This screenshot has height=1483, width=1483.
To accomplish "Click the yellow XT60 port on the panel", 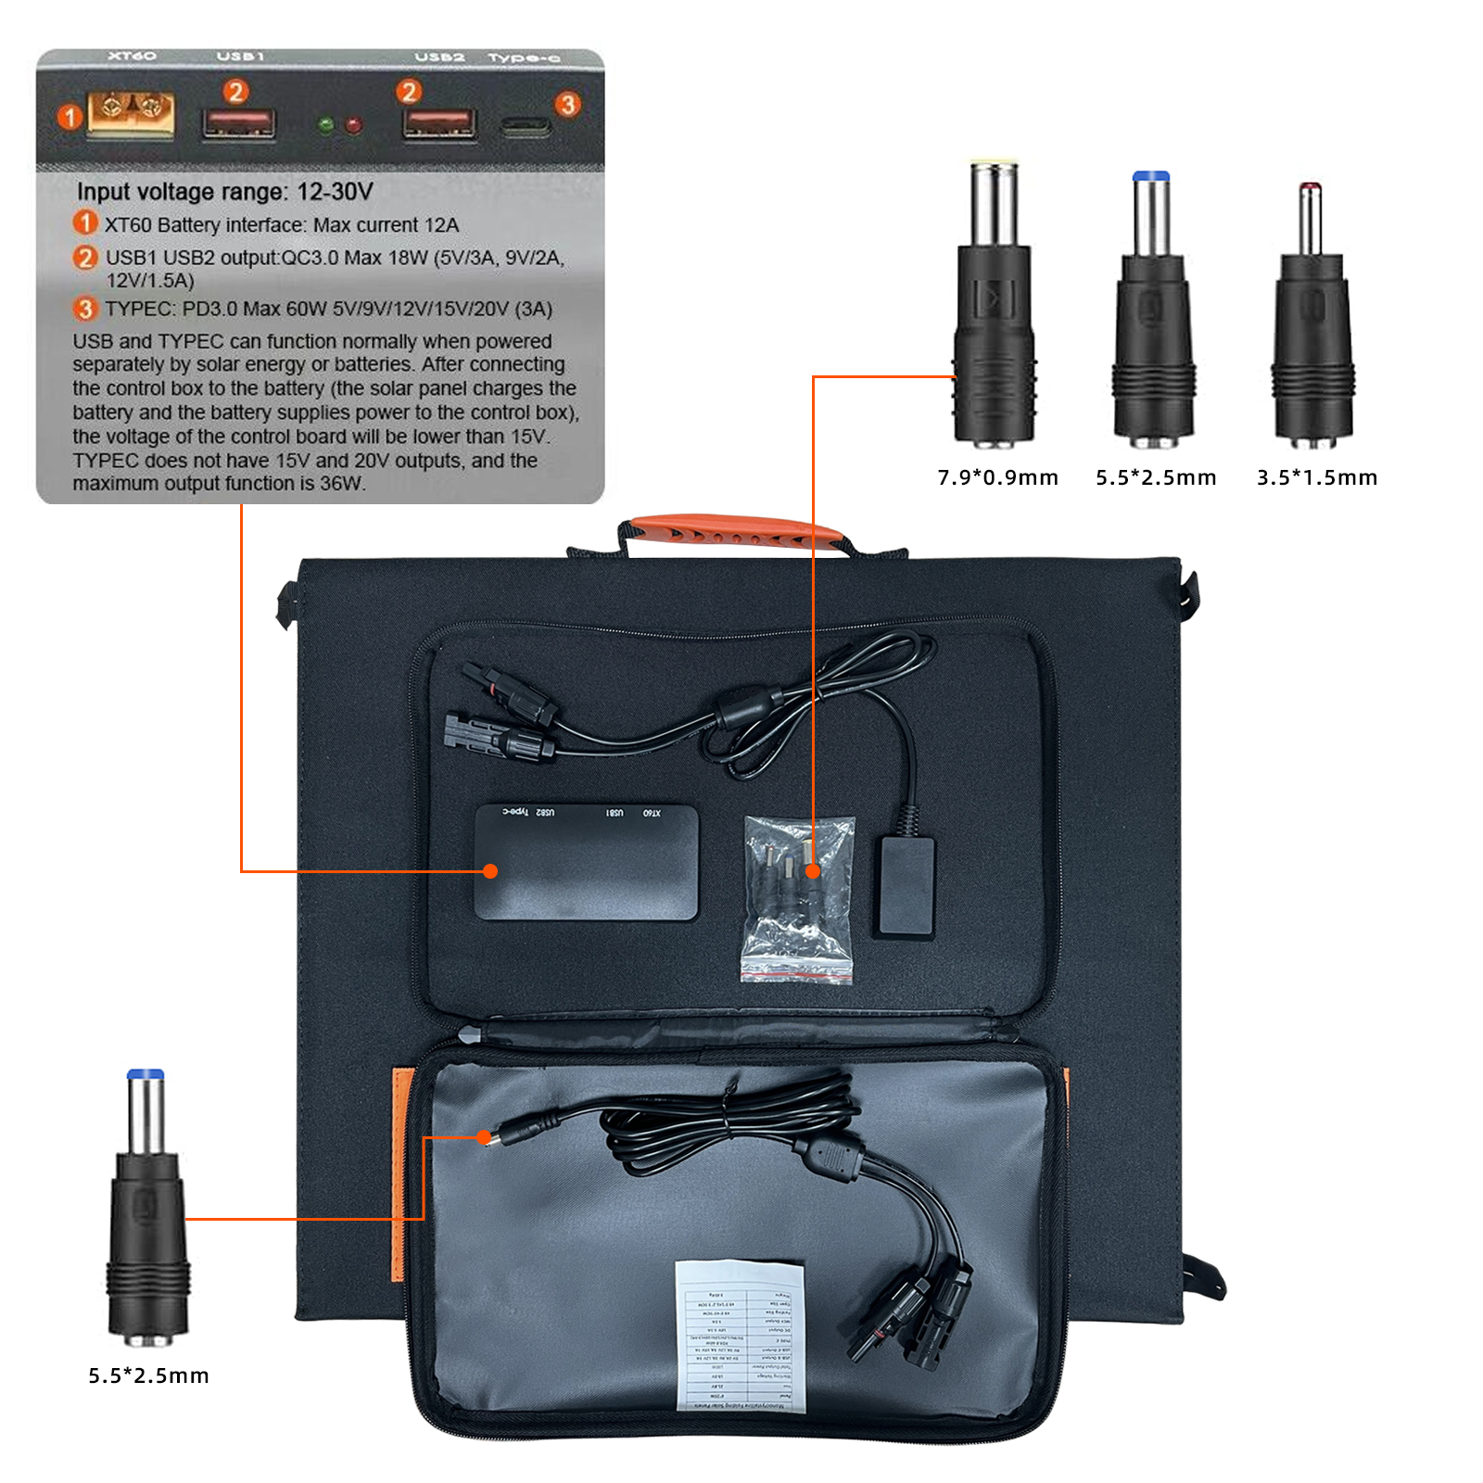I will [130, 115].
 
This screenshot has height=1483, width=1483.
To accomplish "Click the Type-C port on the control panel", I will [526, 126].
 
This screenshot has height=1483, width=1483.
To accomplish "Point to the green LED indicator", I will [325, 124].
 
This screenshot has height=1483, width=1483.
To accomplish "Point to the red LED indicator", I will [353, 124].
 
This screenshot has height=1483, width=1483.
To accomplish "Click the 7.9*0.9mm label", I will [997, 477].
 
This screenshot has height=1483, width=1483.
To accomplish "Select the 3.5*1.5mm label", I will [1317, 477].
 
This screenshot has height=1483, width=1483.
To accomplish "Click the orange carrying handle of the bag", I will [732, 532].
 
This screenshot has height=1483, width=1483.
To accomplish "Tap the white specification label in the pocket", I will [739, 1336].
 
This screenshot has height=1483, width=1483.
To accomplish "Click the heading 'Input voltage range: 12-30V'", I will [224, 192].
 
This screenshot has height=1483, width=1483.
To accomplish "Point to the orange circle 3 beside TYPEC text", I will [85, 309].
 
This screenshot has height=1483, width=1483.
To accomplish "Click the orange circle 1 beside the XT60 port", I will [70, 117].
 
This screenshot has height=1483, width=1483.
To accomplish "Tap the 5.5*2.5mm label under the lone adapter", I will [148, 1375].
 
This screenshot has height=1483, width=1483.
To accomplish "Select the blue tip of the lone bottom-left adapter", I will [146, 1074].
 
